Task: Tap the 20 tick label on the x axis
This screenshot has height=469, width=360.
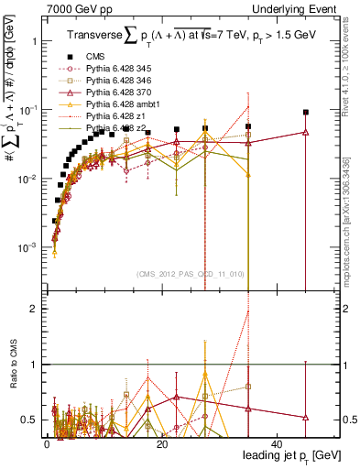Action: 161,443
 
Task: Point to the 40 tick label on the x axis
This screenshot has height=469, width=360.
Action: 277,443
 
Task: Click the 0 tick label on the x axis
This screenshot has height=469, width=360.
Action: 46,443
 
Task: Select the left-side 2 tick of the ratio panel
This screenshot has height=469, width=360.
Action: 34,309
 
